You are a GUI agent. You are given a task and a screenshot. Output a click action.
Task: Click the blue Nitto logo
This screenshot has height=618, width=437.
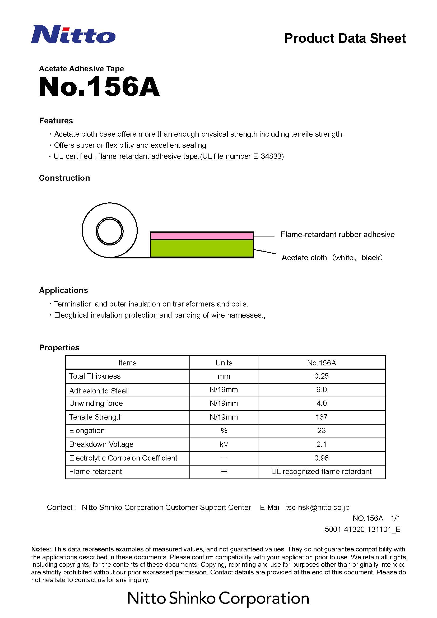point(73,34)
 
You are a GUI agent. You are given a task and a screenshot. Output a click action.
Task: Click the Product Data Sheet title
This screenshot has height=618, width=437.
point(345,39)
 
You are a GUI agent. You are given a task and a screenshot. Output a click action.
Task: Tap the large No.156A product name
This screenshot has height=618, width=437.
point(99,86)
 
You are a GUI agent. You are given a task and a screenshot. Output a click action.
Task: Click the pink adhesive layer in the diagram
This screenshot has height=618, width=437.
point(202,236)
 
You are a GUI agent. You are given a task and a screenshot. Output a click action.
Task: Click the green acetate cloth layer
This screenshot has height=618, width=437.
point(202,248)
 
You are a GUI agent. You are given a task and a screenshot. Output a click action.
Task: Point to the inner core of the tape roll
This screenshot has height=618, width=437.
point(110,231)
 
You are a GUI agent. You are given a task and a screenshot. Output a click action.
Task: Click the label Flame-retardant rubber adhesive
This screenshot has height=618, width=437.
point(337,234)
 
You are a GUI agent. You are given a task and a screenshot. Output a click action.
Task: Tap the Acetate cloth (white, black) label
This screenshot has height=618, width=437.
point(332,258)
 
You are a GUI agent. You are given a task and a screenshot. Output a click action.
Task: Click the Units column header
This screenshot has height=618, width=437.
point(224,363)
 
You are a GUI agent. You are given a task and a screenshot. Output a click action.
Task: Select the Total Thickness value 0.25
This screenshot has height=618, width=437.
point(321,376)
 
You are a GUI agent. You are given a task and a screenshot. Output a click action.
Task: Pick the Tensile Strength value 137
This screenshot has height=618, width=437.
point(321,417)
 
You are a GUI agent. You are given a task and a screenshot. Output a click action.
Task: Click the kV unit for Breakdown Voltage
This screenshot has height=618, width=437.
point(224,444)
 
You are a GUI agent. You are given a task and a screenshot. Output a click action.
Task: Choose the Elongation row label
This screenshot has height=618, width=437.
point(87,430)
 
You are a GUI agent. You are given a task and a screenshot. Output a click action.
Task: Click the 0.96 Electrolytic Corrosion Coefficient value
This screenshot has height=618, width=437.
point(321,458)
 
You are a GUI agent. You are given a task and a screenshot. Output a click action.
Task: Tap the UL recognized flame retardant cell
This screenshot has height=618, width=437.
point(321,471)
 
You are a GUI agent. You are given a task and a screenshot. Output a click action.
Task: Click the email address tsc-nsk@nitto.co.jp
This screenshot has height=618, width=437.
point(318,507)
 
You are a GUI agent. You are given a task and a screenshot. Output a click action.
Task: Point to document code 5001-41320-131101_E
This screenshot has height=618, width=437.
point(362,529)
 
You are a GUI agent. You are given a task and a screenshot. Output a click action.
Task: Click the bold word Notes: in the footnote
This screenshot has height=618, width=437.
point(41,549)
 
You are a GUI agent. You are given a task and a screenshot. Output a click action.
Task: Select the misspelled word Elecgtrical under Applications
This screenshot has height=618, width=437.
point(71,315)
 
